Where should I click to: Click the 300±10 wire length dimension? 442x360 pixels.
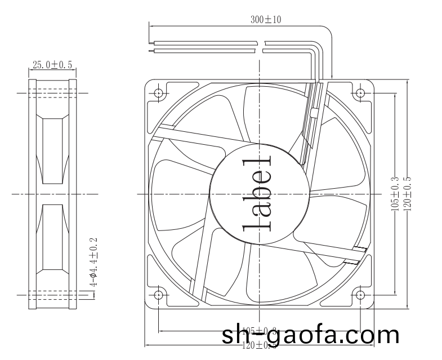tap(266, 20)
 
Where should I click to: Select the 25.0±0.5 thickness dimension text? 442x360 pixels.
tap(52, 65)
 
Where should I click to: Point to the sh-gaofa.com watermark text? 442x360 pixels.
tap(311, 336)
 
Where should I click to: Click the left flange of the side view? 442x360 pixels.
tap(33, 194)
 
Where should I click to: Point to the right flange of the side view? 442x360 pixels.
tap(73, 194)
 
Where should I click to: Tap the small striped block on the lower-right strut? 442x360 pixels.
tap(358, 255)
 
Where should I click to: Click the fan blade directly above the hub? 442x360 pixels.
tap(265, 115)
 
